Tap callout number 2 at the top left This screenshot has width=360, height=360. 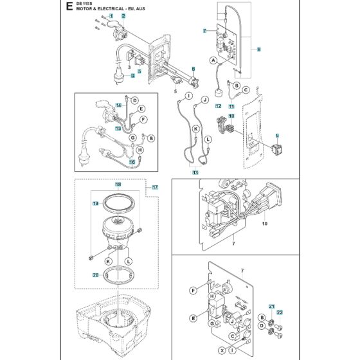tap(123, 15)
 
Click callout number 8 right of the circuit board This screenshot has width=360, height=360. tap(258, 49)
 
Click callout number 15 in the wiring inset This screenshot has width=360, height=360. tap(118, 129)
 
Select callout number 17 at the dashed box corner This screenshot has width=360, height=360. tap(155, 188)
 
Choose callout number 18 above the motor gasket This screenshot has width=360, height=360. tap(118, 184)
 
